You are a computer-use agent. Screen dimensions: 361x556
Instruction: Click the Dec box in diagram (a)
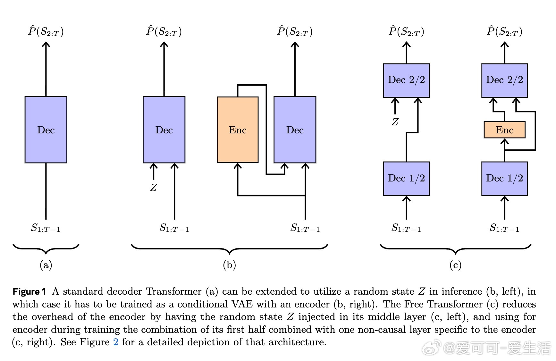click(46, 130)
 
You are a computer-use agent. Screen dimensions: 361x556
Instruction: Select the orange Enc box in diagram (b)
click(238, 130)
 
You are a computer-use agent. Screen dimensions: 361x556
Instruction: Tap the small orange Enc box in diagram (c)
click(504, 130)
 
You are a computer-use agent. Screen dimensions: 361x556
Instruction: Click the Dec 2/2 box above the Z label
click(406, 80)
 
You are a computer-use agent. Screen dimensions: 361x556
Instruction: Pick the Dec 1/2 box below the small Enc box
click(504, 178)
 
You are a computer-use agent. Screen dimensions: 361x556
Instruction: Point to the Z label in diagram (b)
click(154, 188)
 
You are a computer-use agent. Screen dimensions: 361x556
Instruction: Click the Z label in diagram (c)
click(395, 122)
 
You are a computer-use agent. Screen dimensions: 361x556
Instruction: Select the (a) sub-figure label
click(46, 265)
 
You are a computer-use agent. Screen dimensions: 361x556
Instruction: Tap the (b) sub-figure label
click(229, 265)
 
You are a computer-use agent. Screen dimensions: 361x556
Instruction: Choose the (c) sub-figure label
click(455, 265)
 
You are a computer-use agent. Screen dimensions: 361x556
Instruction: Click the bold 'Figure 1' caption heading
click(29, 291)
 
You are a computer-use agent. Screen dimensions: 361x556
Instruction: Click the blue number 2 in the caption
click(116, 342)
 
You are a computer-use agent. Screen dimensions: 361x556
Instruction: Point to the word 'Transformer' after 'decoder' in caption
click(173, 291)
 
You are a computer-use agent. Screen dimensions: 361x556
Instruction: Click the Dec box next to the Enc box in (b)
click(295, 130)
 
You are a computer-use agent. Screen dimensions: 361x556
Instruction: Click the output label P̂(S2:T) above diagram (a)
click(46, 31)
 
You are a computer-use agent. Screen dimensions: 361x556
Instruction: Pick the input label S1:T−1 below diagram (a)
click(46, 228)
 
